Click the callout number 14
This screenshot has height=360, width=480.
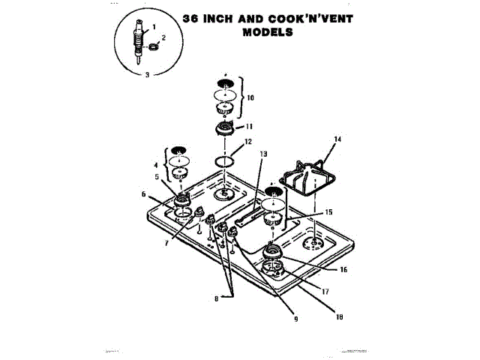point(337,139)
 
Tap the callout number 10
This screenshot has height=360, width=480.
point(251,97)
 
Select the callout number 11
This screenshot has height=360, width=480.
point(250,126)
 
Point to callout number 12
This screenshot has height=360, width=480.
point(248,142)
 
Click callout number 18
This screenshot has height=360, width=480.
point(339,316)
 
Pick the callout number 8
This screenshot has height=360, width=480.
point(215,298)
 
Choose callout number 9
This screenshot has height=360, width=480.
point(295,319)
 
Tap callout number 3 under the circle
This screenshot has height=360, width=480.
point(148,74)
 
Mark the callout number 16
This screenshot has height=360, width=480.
point(343,268)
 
